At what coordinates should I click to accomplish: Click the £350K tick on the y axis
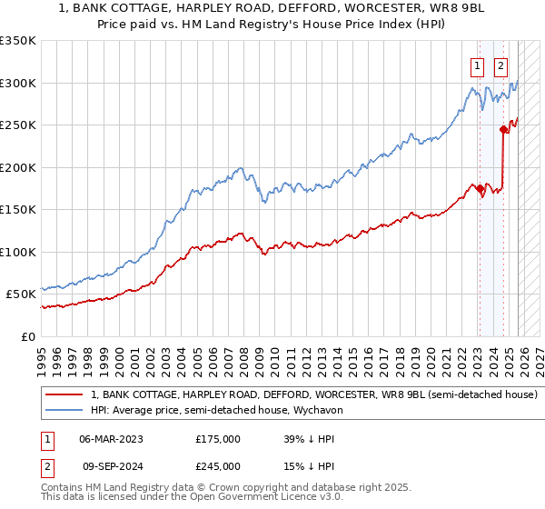[18, 41]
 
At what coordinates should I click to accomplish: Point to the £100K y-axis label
[18, 252]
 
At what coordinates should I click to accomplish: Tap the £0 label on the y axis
[27, 336]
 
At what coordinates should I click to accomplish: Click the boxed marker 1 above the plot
[478, 65]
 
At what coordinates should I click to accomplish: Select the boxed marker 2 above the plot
[501, 65]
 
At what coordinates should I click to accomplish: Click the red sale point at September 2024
[502, 130]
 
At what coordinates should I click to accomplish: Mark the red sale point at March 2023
[479, 188]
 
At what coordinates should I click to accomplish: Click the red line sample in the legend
[64, 395]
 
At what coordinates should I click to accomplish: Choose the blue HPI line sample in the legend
[64, 411]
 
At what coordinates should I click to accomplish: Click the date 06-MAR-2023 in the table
[112, 438]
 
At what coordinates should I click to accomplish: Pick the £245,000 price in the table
[218, 465]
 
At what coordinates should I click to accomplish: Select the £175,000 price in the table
[218, 438]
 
